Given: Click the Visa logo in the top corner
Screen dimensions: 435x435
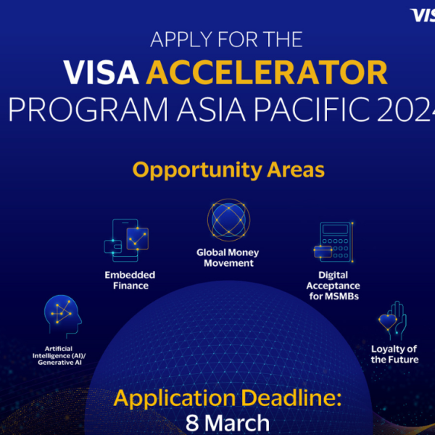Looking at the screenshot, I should point(422,14).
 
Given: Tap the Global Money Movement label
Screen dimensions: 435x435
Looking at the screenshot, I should point(228,258).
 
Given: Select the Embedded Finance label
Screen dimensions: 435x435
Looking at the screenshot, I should point(130,281).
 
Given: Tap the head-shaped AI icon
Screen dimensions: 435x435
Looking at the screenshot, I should point(62,312).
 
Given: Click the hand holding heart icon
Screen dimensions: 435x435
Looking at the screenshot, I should point(394,319).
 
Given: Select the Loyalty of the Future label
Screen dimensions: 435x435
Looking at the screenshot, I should point(394,355).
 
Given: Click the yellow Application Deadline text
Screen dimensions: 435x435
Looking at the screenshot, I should point(225,398).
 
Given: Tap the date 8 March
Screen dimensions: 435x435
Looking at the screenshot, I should point(227,423).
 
